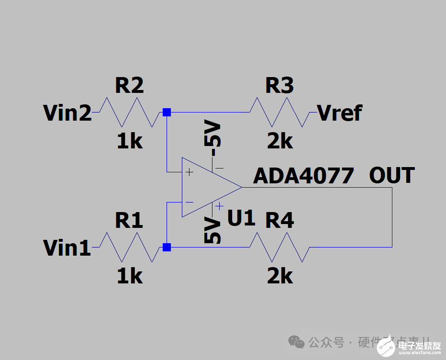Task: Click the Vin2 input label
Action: pyautogui.click(x=67, y=113)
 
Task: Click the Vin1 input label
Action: pyautogui.click(x=67, y=248)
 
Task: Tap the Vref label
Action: pyautogui.click(x=340, y=113)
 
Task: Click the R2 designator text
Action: pyautogui.click(x=129, y=86)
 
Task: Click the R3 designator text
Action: pyautogui.click(x=279, y=86)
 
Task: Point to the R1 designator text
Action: pyautogui.click(x=129, y=221)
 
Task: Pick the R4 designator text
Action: pyautogui.click(x=279, y=221)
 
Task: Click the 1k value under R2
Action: pyautogui.click(x=129, y=141)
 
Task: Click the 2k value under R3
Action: pyautogui.click(x=279, y=141)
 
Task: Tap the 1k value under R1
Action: pyautogui.click(x=129, y=276)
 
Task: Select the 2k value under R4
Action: pyautogui.click(x=279, y=276)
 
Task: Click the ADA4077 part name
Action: pyautogui.click(x=303, y=176)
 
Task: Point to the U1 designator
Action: pyautogui.click(x=242, y=218)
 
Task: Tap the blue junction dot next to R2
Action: pyautogui.click(x=167, y=112)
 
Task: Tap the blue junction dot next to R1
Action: pyautogui.click(x=167, y=247)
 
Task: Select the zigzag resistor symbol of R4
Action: pyautogui.click(x=279, y=247)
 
